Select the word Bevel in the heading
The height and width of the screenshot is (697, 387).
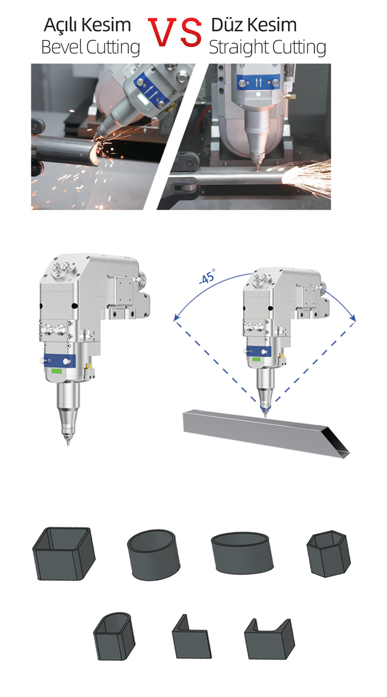coord(62,47)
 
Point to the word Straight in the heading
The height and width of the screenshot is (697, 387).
coord(235,48)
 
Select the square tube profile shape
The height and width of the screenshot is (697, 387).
coord(63,553)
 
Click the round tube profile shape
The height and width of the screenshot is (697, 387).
coord(154,555)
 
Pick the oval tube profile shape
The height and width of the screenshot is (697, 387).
coord(242,553)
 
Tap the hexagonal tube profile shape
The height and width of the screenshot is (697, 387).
coord(329,554)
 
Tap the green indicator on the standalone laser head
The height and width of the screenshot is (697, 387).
coord(57,371)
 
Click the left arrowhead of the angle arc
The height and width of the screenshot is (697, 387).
coord(176,317)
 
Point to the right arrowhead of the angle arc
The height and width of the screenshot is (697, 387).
coord(353,317)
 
